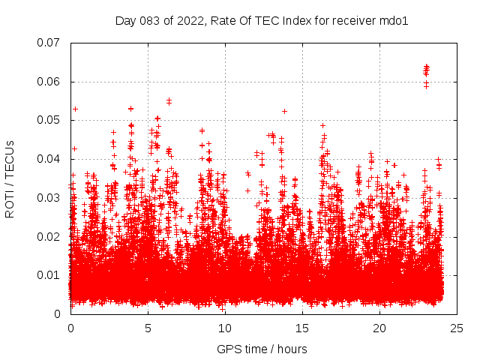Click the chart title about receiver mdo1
pyautogui.click(x=261, y=21)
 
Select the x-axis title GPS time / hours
pyautogui.click(x=261, y=349)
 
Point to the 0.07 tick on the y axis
pyautogui.click(x=49, y=43)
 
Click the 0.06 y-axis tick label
pyautogui.click(x=49, y=82)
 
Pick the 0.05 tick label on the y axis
pyautogui.click(x=49, y=120)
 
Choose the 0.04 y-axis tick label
pyautogui.click(x=49, y=159)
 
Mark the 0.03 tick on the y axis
pyautogui.click(x=49, y=198)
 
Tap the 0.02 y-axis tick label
pyautogui.click(x=49, y=236)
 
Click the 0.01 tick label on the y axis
pyautogui.click(x=49, y=275)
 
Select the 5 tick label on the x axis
pyautogui.click(x=148, y=328)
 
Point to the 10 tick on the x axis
pyautogui.click(x=225, y=328)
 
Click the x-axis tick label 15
pyautogui.click(x=303, y=328)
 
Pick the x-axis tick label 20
pyautogui.click(x=380, y=328)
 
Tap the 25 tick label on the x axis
pyautogui.click(x=457, y=328)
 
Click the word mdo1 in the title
pyautogui.click(x=394, y=21)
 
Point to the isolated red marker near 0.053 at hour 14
pyautogui.click(x=284, y=111)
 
